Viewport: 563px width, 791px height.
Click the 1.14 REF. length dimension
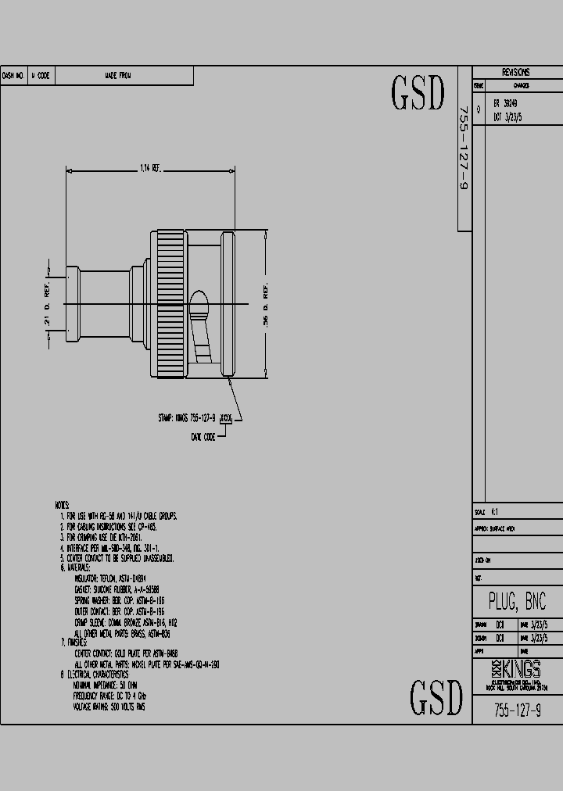(149, 168)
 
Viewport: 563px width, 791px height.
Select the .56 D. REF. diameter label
(267, 305)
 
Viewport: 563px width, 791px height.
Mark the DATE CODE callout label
(203, 438)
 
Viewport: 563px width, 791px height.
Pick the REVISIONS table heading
(516, 72)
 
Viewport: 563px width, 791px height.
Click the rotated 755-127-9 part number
(464, 149)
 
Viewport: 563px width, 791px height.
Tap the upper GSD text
(418, 94)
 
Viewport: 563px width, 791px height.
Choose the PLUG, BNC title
(517, 602)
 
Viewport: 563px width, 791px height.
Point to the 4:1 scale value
(494, 513)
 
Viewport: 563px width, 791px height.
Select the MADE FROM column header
(118, 76)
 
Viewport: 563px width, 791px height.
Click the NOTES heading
(63, 506)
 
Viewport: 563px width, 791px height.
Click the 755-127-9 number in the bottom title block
(517, 710)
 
